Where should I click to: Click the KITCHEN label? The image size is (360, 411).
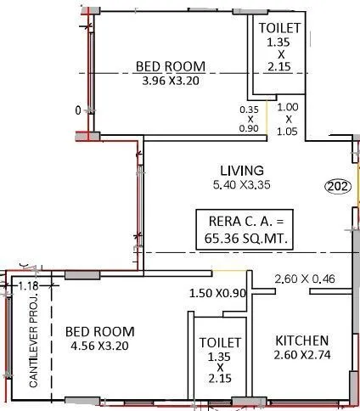pyautogui.click(x=302, y=341)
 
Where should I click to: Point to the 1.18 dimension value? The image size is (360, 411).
pyautogui.click(x=29, y=286)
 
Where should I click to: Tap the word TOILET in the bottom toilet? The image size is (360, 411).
pyautogui.click(x=219, y=342)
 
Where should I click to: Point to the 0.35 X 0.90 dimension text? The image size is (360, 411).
pyautogui.click(x=249, y=120)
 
